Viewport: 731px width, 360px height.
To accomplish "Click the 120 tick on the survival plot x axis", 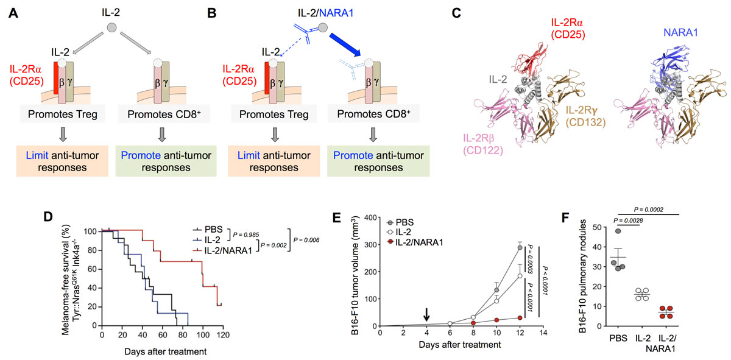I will (223, 336).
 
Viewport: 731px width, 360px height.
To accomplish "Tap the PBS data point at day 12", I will (520, 247).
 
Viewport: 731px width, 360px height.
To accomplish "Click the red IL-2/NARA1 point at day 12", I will (520, 317).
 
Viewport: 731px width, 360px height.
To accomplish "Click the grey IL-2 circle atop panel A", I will (110, 27).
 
